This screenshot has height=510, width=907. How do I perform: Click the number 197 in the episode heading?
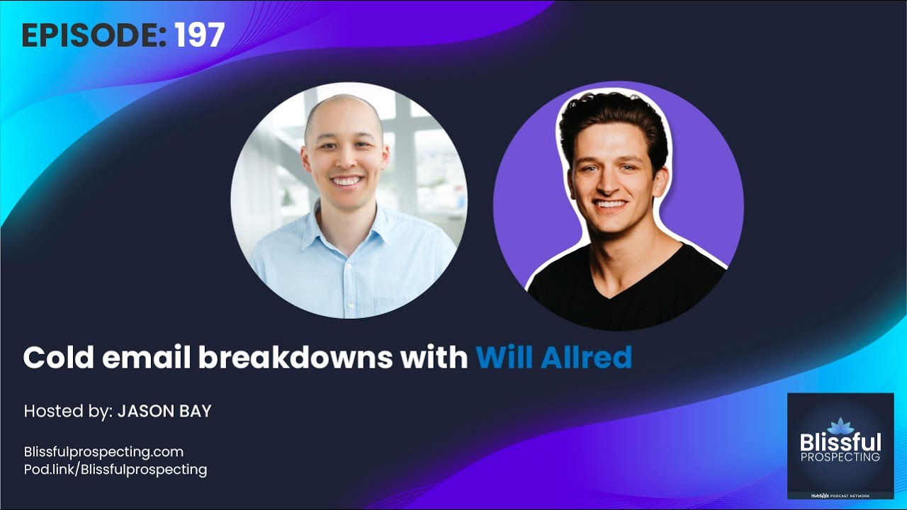click(x=200, y=35)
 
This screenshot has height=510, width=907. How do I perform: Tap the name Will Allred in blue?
click(x=553, y=358)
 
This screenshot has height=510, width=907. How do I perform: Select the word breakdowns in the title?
click(x=295, y=358)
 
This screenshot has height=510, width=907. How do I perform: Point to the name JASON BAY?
click(x=164, y=411)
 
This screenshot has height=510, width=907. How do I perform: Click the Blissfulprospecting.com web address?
click(x=103, y=451)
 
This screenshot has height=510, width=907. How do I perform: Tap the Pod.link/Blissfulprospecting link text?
click(x=116, y=469)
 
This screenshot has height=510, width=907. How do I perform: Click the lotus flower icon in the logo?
click(x=840, y=425)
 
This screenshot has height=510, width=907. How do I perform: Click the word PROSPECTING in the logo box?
click(x=840, y=458)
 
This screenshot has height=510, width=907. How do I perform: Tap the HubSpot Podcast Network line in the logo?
click(x=840, y=495)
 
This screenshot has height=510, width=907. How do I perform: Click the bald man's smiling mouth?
click(x=347, y=181)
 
